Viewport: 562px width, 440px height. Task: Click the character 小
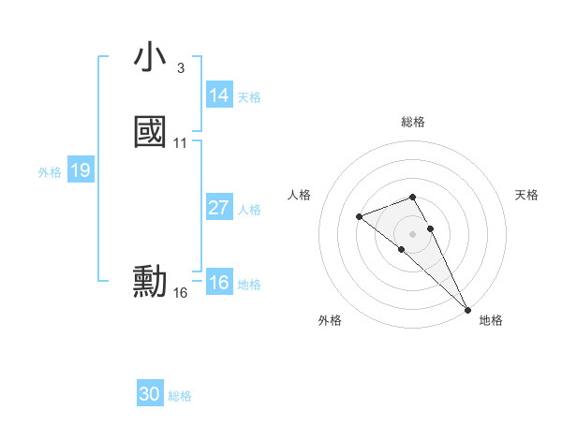coord(150,58)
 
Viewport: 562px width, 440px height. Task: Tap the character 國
coord(150,132)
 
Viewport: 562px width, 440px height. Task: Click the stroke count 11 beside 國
coord(181,143)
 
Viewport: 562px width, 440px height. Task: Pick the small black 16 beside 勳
coord(181,293)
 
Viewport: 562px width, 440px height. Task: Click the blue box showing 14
coord(219,95)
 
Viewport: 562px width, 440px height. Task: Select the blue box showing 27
coord(219,208)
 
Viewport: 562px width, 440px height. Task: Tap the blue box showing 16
coord(219,283)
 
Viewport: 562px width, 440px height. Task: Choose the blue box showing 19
coord(81,170)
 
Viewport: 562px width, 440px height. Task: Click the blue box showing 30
coord(150,394)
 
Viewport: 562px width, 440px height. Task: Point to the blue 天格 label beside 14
coord(249,96)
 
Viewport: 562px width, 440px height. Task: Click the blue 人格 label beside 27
coord(249,209)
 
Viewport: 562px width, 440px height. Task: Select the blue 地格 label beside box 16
coord(249,284)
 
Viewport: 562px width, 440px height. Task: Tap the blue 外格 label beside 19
coord(50,171)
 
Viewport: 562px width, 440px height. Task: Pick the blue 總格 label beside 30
coord(180,395)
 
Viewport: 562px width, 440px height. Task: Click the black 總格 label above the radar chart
coord(413,122)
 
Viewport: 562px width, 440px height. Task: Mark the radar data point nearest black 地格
coord(466,309)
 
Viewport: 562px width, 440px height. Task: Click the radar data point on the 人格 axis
coord(360,217)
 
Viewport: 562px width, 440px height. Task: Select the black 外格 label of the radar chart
coord(330,320)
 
